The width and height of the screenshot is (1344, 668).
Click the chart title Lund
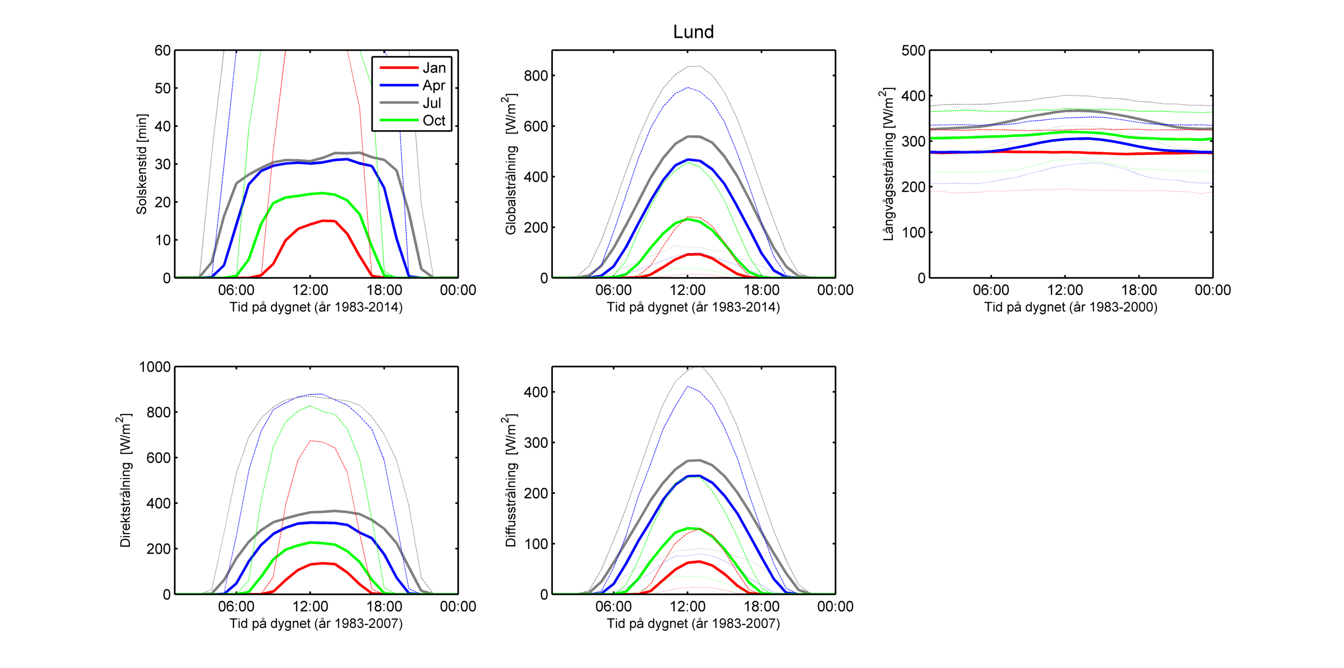(693, 32)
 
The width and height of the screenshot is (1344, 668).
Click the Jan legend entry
(434, 68)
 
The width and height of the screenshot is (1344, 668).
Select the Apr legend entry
(434, 85)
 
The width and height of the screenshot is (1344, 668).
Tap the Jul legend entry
(432, 103)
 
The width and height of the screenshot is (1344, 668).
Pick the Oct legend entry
(434, 120)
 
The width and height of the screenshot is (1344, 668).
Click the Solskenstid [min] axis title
(141, 164)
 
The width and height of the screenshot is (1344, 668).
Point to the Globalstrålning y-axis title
(511, 164)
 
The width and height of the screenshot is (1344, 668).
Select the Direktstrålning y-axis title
(125, 480)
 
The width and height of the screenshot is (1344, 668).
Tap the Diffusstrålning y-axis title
(511, 480)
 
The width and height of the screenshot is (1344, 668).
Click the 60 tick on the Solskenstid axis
(162, 51)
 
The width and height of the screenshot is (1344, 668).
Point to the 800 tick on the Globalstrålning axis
(536, 75)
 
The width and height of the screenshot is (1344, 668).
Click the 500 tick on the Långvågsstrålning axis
(913, 51)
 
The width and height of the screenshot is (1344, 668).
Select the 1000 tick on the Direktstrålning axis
(155, 367)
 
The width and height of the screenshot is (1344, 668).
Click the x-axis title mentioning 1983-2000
(1070, 307)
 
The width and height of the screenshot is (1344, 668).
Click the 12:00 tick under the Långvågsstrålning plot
(1065, 290)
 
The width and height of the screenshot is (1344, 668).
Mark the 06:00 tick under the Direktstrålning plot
(236, 606)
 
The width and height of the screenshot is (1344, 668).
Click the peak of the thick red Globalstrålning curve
(694, 254)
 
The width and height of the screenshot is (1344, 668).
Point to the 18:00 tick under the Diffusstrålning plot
(761, 606)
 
